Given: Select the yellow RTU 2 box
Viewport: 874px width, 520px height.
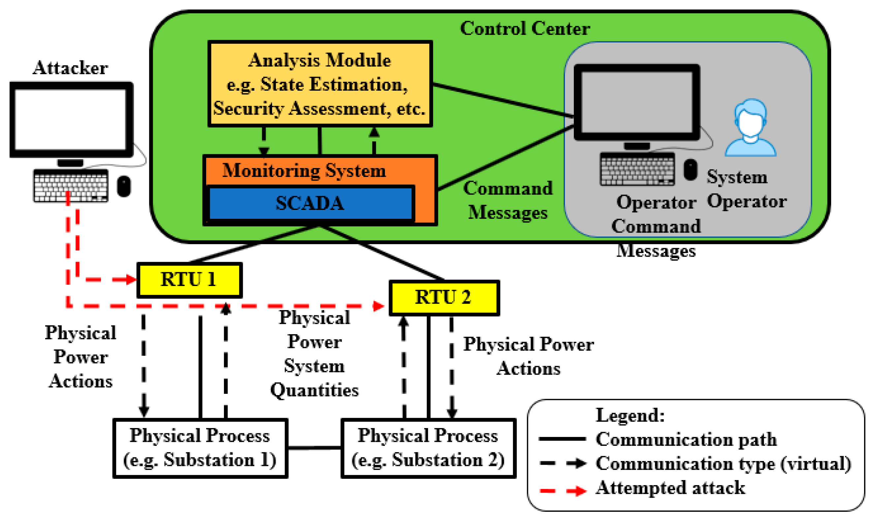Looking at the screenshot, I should click(x=444, y=298).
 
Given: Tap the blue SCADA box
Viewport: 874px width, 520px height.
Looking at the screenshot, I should click(x=310, y=203).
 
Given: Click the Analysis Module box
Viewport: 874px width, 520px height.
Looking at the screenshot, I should click(x=320, y=84).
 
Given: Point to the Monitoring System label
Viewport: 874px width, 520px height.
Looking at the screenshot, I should click(x=304, y=171).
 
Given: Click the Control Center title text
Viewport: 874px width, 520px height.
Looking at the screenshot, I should click(x=525, y=29).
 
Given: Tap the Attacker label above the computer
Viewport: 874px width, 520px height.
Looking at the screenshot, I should click(x=70, y=68).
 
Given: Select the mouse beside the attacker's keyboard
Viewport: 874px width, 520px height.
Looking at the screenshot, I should click(x=124, y=186).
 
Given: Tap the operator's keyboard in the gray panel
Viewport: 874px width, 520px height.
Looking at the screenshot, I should click(x=637, y=169).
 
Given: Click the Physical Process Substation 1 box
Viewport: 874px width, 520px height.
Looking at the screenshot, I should click(x=200, y=448).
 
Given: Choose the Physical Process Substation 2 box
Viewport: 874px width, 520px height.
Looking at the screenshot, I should click(x=428, y=448).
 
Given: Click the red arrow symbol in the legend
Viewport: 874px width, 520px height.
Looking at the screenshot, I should click(x=577, y=491).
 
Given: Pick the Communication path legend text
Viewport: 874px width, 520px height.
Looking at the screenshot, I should click(x=686, y=439).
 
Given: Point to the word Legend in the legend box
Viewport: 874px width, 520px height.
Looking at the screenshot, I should click(x=630, y=416).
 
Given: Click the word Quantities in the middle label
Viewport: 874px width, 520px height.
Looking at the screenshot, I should click(x=315, y=390).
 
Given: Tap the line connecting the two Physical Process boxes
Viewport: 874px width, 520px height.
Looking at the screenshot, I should click(x=315, y=448).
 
